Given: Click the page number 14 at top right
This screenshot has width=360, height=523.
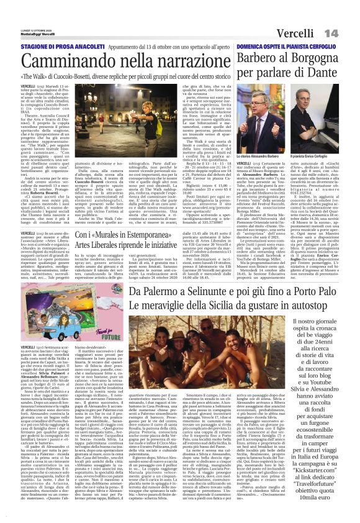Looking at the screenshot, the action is point(348,32).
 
